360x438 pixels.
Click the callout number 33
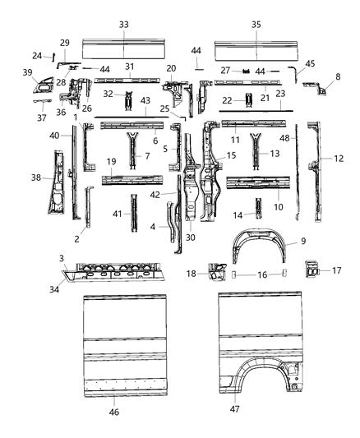tap(124, 25)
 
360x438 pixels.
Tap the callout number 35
tap(256, 25)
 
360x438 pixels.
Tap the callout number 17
tap(338, 269)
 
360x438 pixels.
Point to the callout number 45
tap(310, 63)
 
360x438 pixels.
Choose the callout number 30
tap(191, 237)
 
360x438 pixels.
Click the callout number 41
tap(117, 214)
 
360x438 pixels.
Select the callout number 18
tap(213, 273)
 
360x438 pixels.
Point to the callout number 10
tap(278, 207)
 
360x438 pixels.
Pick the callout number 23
tap(279, 94)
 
